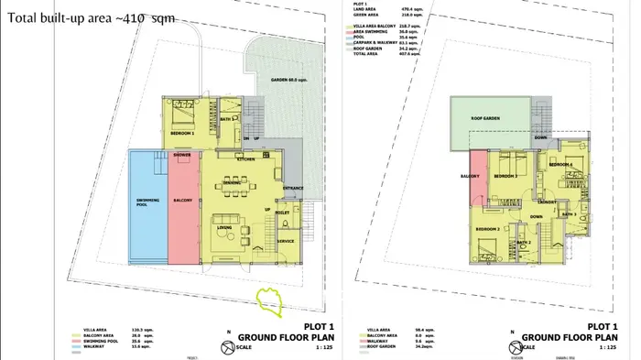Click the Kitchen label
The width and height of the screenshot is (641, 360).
[244, 158]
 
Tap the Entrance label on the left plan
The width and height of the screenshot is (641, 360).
[293, 189]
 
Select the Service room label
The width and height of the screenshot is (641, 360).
[286, 241]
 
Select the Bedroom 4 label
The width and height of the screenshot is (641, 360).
[560, 164]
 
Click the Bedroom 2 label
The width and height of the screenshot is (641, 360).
[487, 228]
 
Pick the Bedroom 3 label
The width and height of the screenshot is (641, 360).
[506, 175]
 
